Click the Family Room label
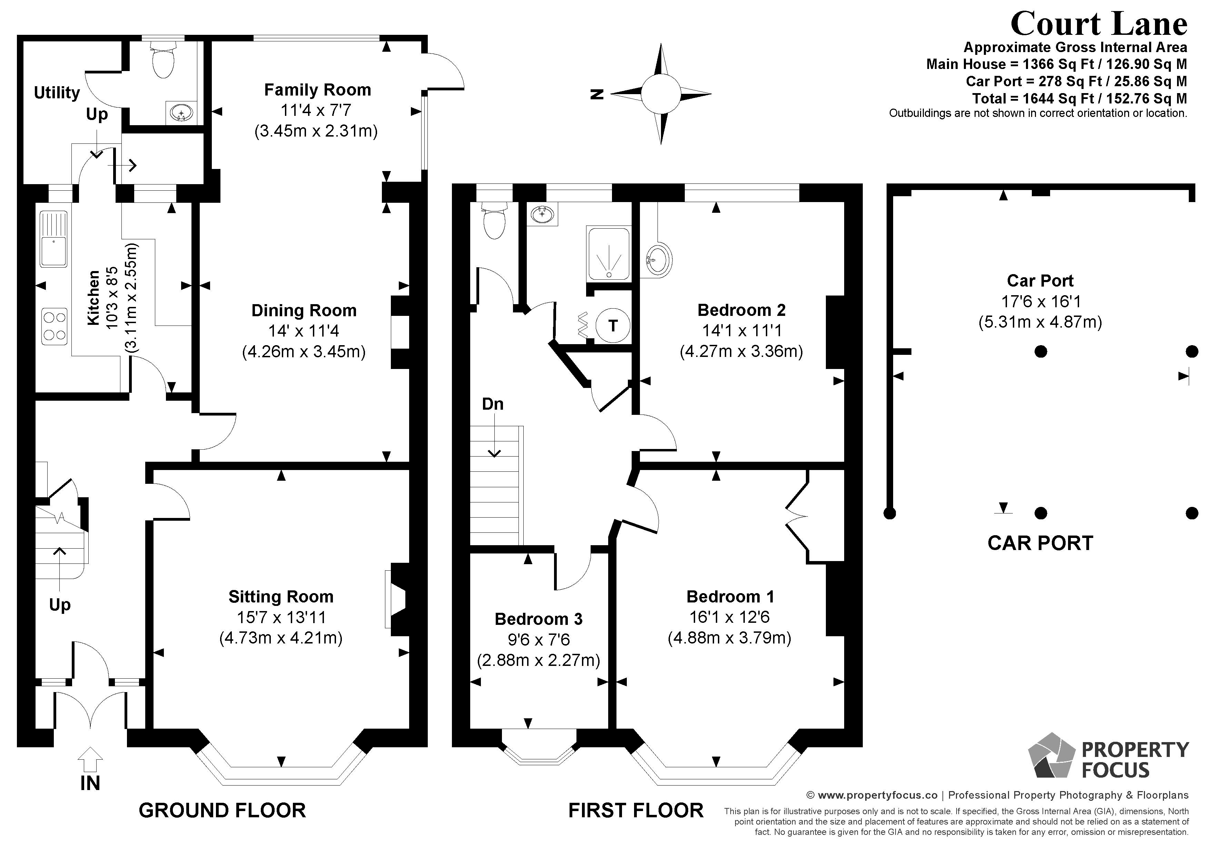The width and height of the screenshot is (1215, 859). point(317,90)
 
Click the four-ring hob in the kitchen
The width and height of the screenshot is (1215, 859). point(55,326)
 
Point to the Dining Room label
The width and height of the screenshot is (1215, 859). point(304,310)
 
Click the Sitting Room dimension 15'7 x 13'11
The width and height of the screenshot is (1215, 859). point(281,617)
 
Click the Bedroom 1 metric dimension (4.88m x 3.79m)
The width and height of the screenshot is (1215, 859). point(729,638)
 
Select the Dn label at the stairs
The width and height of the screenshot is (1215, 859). point(492,404)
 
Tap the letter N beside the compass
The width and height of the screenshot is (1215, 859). point(597,94)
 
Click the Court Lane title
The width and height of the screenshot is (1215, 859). point(1099,24)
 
